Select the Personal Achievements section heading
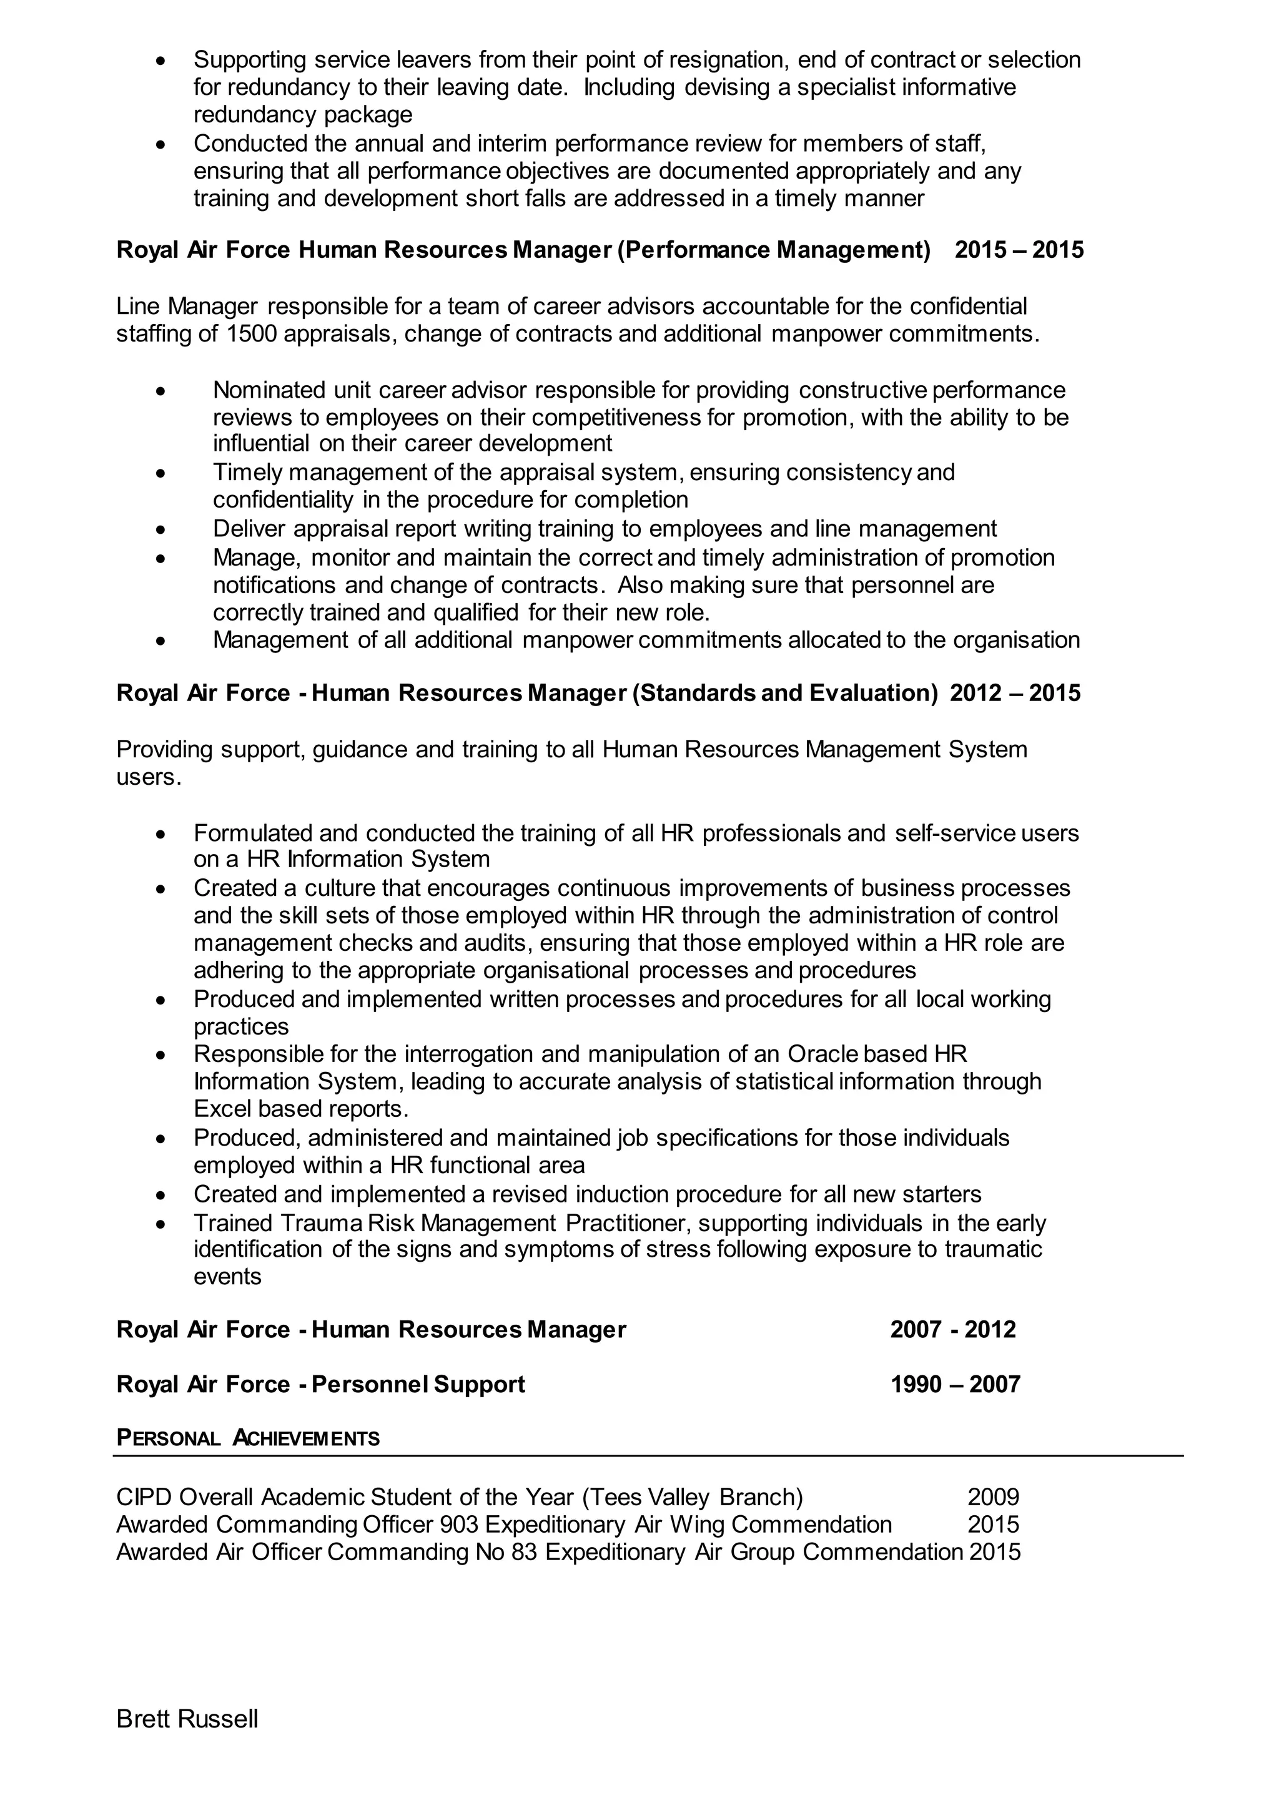click(x=248, y=1438)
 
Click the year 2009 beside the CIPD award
click(x=993, y=1496)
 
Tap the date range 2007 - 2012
click(x=953, y=1329)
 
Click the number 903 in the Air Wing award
click(x=459, y=1524)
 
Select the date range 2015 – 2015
click(x=1019, y=250)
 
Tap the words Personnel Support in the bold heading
click(x=418, y=1383)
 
